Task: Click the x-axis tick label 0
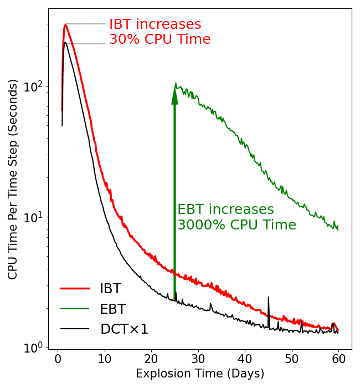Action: tap(58, 360)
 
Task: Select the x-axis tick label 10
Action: tap(105, 360)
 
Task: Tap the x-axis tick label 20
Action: tap(152, 360)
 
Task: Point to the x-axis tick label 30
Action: tap(198, 360)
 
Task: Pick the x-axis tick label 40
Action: tap(245, 360)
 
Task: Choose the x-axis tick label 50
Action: tap(292, 360)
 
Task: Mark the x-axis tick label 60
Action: tap(338, 360)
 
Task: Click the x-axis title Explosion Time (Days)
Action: tap(200, 374)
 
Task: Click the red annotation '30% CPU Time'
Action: tap(160, 40)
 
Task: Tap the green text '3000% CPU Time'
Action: tap(236, 224)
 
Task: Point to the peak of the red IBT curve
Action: tap(66, 25)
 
